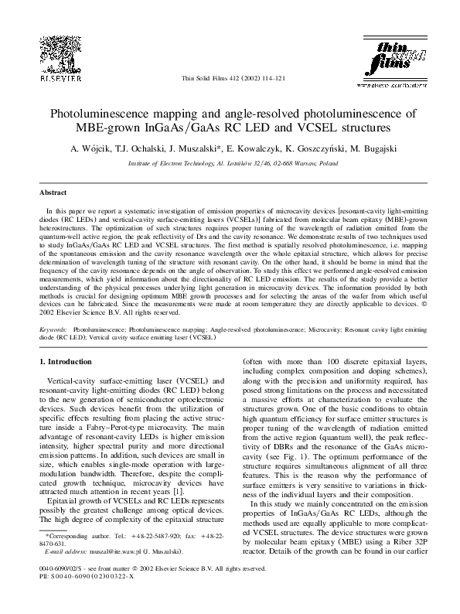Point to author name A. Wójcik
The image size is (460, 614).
tap(90, 148)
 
